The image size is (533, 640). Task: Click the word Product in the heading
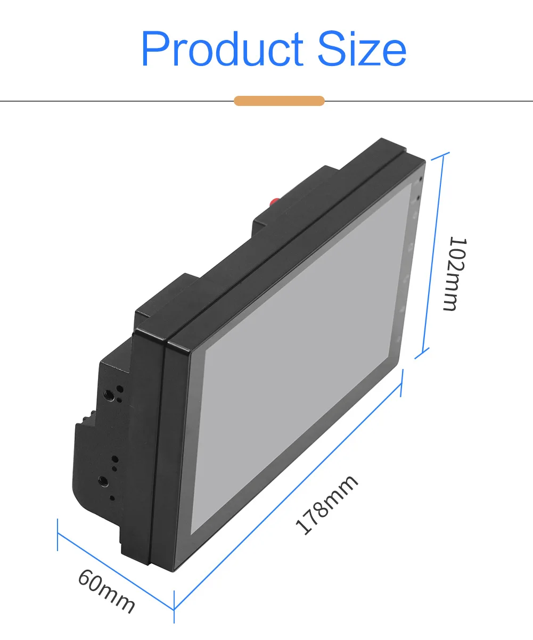pos(222,48)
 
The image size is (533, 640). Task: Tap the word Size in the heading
pos(362,48)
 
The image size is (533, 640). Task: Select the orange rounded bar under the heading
pos(279,101)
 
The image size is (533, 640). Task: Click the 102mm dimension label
pos(455,274)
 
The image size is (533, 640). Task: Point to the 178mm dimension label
pos(327,505)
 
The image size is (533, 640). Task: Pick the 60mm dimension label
pos(106,591)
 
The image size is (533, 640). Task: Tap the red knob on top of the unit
pos(274,202)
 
